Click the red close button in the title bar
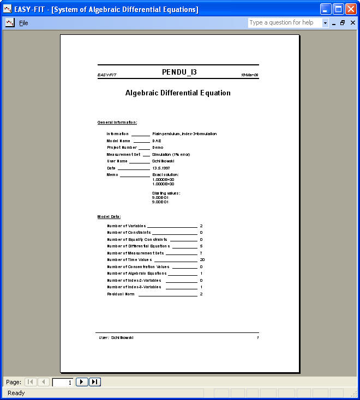[351, 9]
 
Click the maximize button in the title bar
[338, 9]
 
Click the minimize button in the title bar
[326, 9]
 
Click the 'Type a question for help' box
[284, 23]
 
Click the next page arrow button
[82, 382]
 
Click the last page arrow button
[95, 382]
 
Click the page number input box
[63, 382]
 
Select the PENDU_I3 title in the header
[179, 72]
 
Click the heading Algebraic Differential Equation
[178, 93]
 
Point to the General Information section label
[117, 123]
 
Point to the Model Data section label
[109, 217]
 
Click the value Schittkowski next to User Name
[164, 161]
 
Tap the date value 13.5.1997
[161, 168]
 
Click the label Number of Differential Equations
[139, 246]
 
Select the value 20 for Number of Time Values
[202, 260]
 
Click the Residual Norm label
[121, 294]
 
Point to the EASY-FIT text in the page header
[107, 75]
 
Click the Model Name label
[118, 141]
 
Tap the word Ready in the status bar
[16, 393]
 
